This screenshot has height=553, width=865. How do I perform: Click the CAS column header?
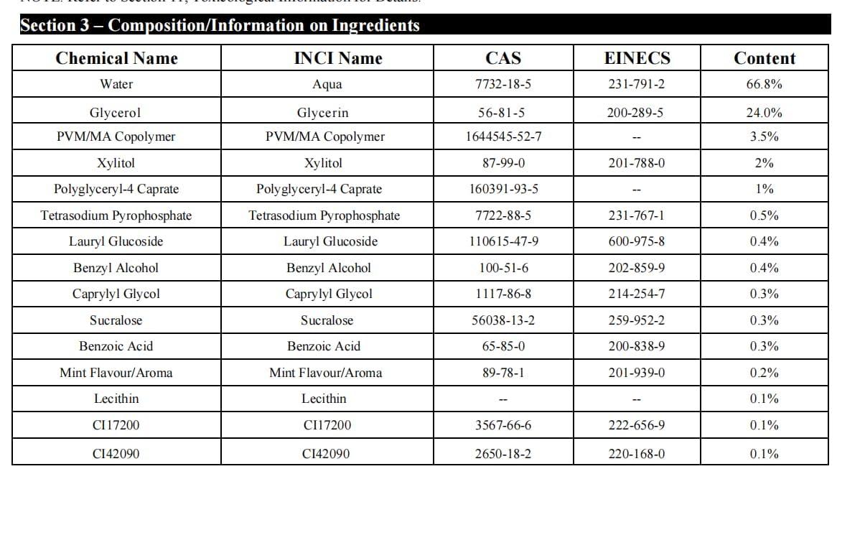[x=503, y=58]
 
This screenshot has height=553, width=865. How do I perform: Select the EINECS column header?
[x=637, y=58]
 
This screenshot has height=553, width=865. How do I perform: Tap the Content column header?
[x=765, y=58]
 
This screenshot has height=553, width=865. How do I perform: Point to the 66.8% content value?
[x=765, y=84]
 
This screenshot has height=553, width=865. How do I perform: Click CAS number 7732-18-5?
[x=503, y=84]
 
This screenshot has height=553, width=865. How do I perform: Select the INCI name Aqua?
[x=327, y=85]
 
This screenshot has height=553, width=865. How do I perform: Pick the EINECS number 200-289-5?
[x=636, y=113]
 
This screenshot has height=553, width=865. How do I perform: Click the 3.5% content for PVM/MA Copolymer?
[x=765, y=136]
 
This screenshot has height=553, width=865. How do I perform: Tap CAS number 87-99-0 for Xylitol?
[x=503, y=163]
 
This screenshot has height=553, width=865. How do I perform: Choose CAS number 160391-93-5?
[x=503, y=189]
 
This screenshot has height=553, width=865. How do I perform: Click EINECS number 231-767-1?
[x=636, y=215]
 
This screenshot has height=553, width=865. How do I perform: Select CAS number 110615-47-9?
[x=503, y=241]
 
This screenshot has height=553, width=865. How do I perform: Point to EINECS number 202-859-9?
[x=636, y=268]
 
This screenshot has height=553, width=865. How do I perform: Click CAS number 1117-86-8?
[x=503, y=294]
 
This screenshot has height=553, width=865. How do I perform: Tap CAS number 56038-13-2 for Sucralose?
[x=503, y=320]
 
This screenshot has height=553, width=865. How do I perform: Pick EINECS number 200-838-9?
[x=636, y=346]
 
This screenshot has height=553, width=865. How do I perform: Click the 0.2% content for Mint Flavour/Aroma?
[x=765, y=373]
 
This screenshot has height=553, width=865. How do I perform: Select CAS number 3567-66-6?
[x=503, y=425]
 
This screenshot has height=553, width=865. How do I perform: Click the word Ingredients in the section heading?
[x=375, y=26]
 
